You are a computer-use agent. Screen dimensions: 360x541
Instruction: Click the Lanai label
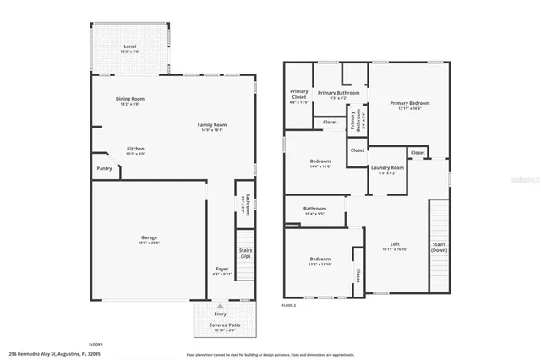coord(130,46)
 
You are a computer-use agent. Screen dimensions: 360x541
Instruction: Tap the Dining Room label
coord(130,99)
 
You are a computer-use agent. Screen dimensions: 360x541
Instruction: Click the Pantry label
coord(104,168)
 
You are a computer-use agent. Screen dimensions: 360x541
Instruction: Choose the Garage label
coord(149,237)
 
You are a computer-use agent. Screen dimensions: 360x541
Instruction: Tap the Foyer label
coord(221,269)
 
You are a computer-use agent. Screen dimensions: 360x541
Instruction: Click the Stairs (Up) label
coord(245,252)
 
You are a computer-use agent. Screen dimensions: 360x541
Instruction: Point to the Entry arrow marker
coord(220,306)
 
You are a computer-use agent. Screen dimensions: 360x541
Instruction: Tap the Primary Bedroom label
coord(405,104)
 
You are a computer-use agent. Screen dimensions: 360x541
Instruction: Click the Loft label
coord(395,244)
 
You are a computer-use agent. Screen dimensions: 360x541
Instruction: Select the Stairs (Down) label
coord(439,247)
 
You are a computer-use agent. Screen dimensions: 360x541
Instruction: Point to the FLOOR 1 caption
coord(96,344)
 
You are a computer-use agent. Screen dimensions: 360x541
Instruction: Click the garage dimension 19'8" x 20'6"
coord(149,243)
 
